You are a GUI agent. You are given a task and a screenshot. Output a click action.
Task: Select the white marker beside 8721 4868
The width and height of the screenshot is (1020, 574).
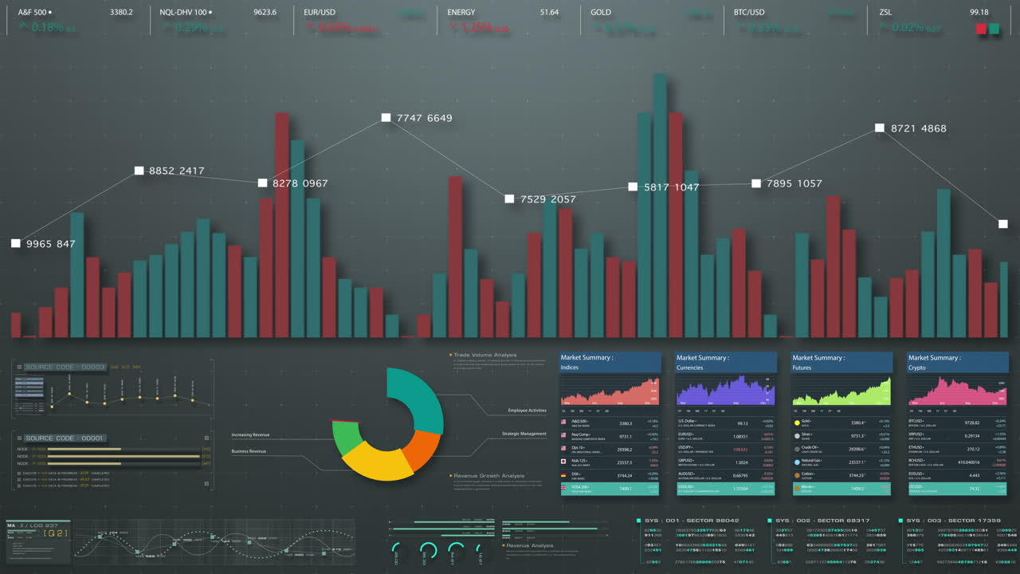tap(880, 128)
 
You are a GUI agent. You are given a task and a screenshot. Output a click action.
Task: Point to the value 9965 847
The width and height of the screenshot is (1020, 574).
tap(50, 243)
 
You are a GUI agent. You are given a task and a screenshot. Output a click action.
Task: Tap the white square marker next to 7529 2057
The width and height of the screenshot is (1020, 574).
tap(509, 199)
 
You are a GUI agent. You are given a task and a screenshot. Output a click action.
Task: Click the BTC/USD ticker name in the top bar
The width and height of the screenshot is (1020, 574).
tap(749, 12)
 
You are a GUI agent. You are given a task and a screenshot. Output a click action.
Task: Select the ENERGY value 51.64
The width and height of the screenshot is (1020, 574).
tap(549, 12)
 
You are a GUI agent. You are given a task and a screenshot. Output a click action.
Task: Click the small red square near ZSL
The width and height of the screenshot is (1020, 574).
tap(981, 29)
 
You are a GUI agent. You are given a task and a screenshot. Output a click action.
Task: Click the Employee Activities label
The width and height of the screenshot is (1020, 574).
tap(527, 411)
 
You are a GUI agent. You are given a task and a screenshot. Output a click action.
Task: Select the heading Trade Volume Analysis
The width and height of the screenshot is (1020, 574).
tap(484, 355)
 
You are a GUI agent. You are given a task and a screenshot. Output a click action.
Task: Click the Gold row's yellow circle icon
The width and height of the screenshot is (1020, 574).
tap(797, 423)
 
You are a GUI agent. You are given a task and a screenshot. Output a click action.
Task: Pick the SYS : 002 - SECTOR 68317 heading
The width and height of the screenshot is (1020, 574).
tap(822, 520)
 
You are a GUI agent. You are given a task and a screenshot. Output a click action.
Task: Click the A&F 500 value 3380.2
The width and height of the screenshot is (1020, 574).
tap(121, 12)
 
